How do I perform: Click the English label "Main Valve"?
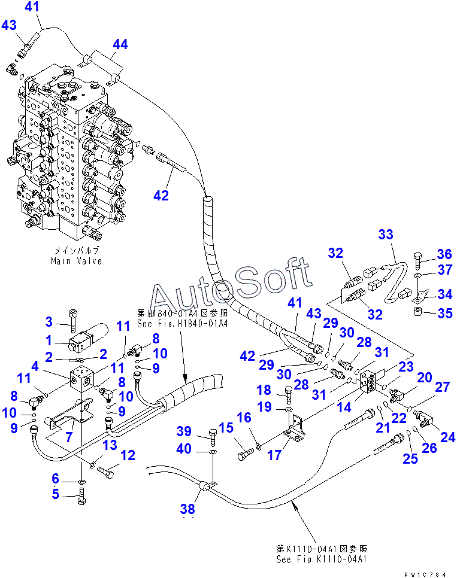pos(76,261)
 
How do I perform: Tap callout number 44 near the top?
pos(120,44)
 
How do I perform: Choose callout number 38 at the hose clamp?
pos(187,509)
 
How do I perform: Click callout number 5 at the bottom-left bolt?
pos(55,494)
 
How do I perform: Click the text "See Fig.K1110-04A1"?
pos(321,560)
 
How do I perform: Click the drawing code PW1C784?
pos(425,574)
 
